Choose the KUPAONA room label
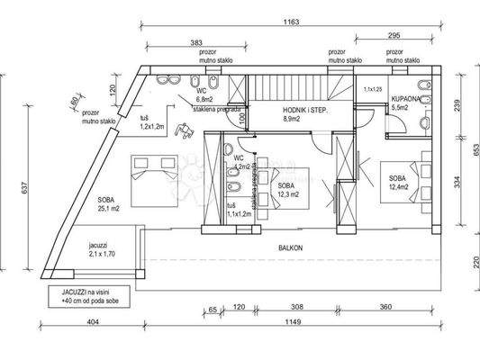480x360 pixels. point(401,103)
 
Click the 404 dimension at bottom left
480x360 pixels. point(92,321)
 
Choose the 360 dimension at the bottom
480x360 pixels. point(385,308)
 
